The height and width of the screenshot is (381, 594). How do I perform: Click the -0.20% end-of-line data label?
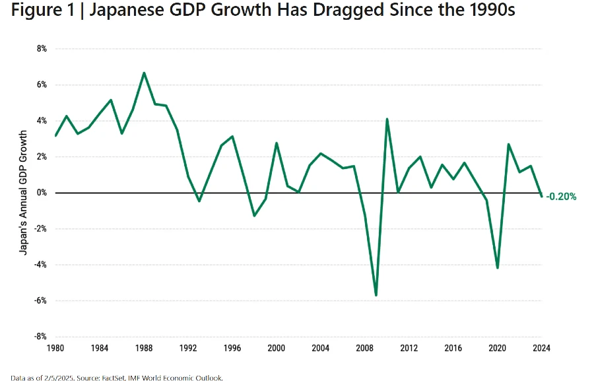tap(562, 196)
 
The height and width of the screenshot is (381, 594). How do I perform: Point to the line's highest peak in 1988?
tap(144, 73)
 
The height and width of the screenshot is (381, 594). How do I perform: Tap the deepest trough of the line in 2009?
tap(376, 295)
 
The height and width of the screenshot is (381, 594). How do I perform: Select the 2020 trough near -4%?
tap(497, 267)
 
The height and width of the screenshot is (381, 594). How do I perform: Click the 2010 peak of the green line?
tap(387, 119)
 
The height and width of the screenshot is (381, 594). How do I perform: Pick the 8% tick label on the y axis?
tap(41, 49)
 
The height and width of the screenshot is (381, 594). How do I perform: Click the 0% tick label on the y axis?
tap(41, 193)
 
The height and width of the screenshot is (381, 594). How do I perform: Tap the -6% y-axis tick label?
tap(40, 300)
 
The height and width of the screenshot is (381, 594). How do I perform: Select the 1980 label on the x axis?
tap(55, 348)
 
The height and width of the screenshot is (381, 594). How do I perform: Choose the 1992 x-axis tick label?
tap(188, 348)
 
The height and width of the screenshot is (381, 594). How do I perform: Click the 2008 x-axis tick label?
tap(365, 348)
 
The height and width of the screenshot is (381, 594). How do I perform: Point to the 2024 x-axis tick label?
tap(541, 348)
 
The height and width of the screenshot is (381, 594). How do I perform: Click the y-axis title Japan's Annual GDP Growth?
tap(24, 191)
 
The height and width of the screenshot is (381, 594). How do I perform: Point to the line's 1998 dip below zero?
tap(254, 215)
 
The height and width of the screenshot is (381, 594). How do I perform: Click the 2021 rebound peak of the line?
tap(508, 144)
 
